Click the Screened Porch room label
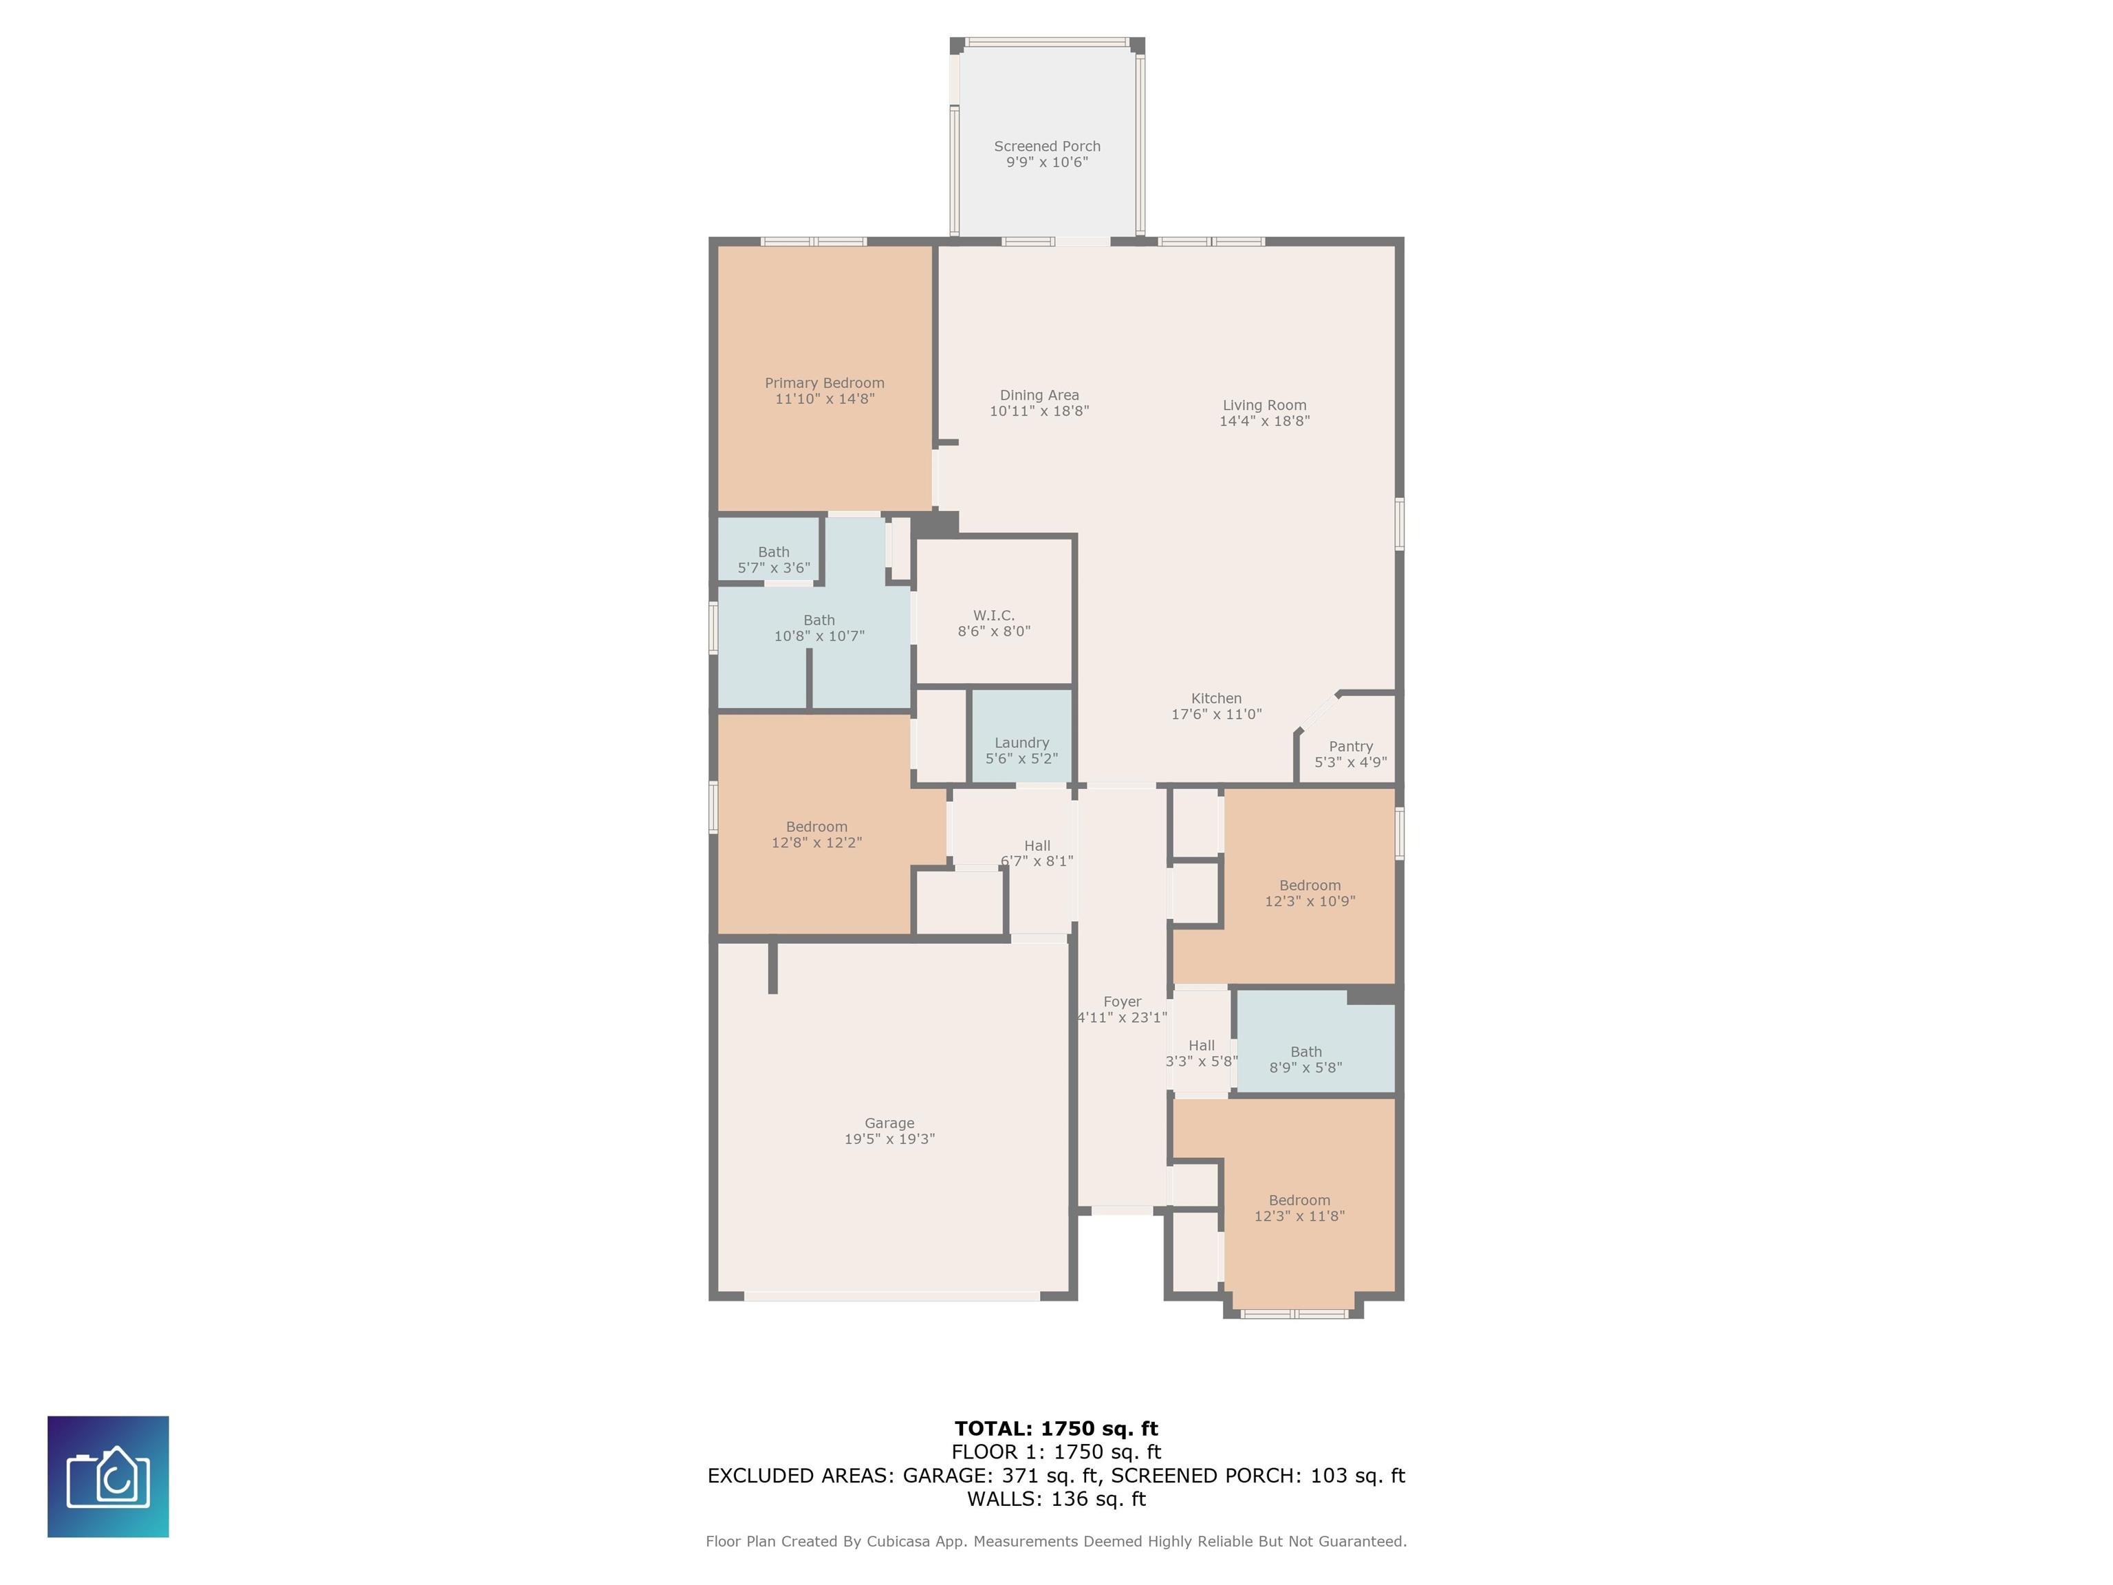point(1047,146)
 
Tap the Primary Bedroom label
point(825,383)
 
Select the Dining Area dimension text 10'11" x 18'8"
point(1039,411)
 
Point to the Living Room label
point(1264,405)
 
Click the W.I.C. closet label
point(993,615)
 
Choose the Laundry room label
point(1021,743)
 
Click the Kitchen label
point(1216,698)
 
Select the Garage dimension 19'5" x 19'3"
point(889,1139)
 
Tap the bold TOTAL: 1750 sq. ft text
point(1056,1428)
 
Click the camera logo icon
point(108,1477)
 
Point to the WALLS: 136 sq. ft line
point(1056,1499)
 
